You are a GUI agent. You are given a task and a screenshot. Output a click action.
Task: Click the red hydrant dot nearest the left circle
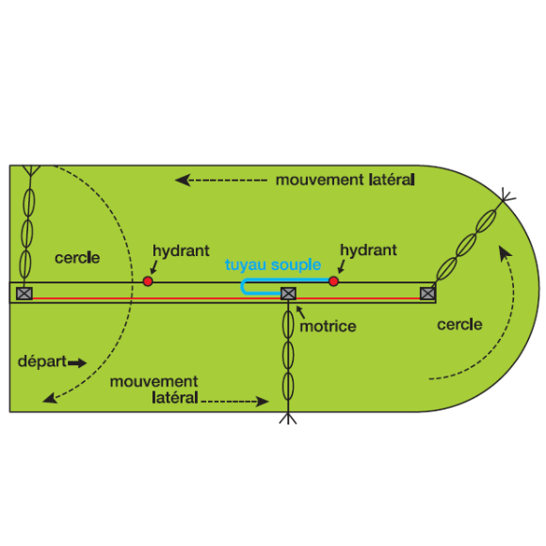(148, 281)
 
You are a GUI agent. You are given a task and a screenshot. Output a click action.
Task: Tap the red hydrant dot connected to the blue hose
(333, 281)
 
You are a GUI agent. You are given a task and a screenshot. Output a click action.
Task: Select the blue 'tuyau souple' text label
(273, 265)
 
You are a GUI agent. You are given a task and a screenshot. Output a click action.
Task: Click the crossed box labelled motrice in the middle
(288, 294)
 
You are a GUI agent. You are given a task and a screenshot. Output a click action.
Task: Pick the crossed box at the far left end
(24, 294)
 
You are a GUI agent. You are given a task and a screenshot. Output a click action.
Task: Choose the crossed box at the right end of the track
(427, 294)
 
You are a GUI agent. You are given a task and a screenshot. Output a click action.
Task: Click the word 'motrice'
(328, 327)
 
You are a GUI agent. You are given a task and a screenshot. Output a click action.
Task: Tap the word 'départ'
(42, 361)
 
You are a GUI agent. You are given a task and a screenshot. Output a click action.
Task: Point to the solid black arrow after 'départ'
(77, 363)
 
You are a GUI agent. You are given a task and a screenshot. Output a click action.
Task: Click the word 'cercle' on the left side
(77, 258)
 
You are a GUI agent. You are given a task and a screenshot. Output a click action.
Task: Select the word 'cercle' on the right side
(459, 325)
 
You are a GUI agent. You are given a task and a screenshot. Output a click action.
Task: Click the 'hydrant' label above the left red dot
(181, 250)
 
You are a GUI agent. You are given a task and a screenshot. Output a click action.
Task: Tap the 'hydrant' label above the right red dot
(368, 250)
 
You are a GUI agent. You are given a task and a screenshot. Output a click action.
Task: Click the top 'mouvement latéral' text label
(345, 180)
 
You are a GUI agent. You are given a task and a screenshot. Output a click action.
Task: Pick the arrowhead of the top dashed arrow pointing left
(182, 180)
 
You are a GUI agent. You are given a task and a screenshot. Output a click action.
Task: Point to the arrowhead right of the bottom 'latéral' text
(263, 401)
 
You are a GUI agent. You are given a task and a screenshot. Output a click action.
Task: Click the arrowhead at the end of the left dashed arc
(50, 398)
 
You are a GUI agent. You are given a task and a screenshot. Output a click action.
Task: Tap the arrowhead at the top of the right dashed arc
(505, 252)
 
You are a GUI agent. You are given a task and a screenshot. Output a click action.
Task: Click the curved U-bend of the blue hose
(244, 287)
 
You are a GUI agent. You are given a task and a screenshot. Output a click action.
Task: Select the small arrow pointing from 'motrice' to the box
(300, 312)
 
